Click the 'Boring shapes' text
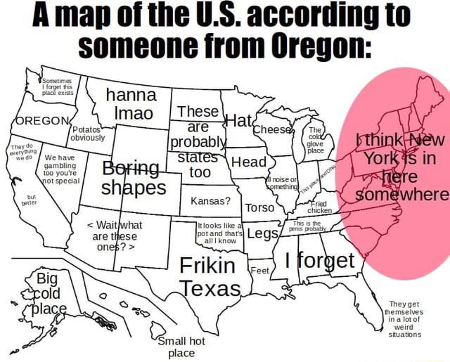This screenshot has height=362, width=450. coord(134,179)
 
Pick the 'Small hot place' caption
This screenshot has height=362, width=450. coord(181,347)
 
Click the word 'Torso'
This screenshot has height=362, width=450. coord(259,208)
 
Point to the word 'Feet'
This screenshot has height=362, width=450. coord(260,271)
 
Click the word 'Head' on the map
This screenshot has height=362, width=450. coord(248,162)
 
